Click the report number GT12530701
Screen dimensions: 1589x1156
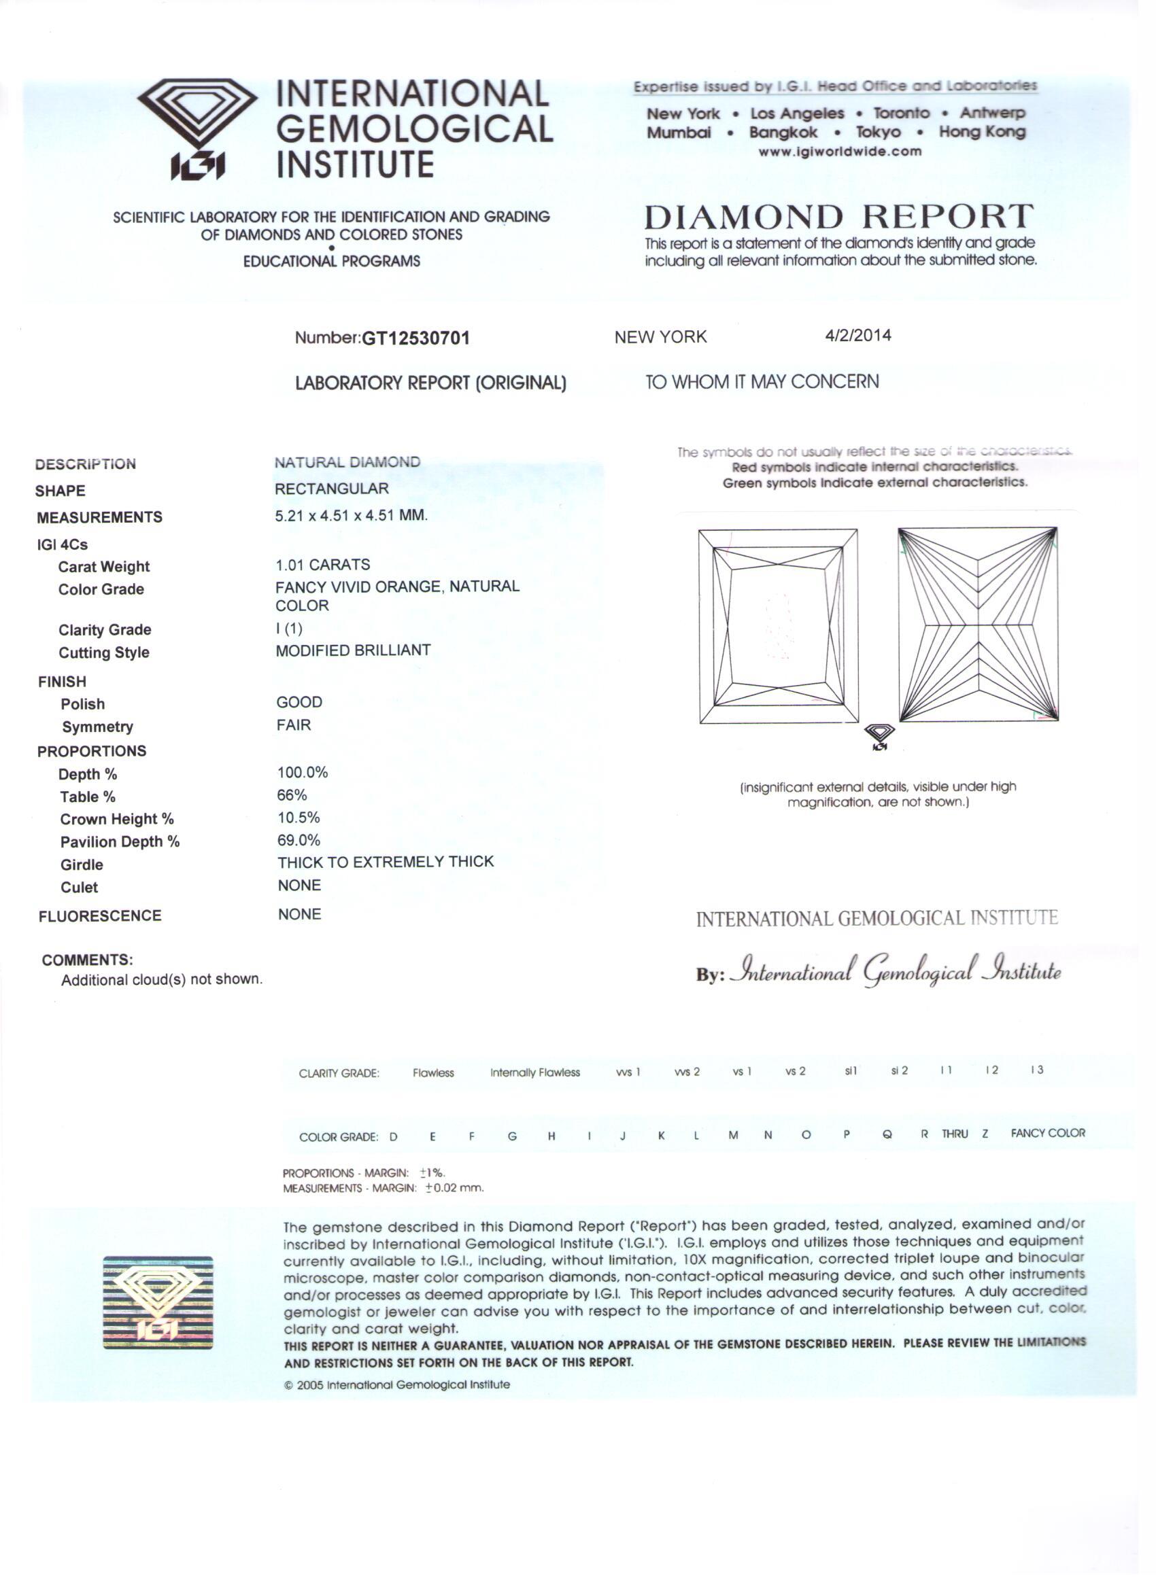[415, 338]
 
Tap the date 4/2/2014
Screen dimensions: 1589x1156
[857, 336]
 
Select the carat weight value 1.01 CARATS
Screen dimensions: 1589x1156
[322, 565]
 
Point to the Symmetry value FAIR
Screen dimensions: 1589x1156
[293, 725]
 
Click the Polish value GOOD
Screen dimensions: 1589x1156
[299, 702]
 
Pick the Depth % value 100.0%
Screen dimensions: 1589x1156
[302, 773]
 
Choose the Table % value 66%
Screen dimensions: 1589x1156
[292, 795]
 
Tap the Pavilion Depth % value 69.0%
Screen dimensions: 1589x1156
[299, 840]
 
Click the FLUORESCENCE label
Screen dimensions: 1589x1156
[99, 915]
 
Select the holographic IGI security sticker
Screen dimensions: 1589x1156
[158, 1302]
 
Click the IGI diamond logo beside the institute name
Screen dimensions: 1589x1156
[198, 128]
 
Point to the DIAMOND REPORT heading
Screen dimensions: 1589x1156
[838, 217]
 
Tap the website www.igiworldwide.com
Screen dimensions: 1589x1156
[840, 152]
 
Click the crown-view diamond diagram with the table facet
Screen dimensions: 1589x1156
[778, 626]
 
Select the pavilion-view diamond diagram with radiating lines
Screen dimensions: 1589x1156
[978, 624]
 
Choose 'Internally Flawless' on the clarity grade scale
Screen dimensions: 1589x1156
[535, 1072]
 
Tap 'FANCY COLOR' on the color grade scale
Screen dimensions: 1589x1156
[1047, 1133]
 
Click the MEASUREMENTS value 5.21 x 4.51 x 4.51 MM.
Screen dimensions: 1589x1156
[350, 516]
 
